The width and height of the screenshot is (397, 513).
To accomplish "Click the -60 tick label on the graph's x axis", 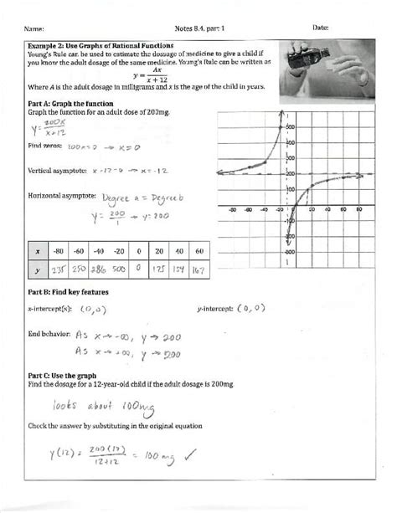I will tap(248, 211).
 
